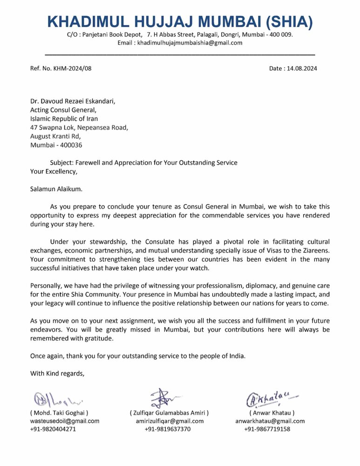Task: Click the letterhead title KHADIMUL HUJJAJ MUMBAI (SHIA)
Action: pos(180,21)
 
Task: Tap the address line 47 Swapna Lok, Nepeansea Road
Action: pos(79,127)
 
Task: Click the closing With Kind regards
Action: pos(57,373)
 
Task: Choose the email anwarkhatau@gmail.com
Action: pos(270,421)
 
